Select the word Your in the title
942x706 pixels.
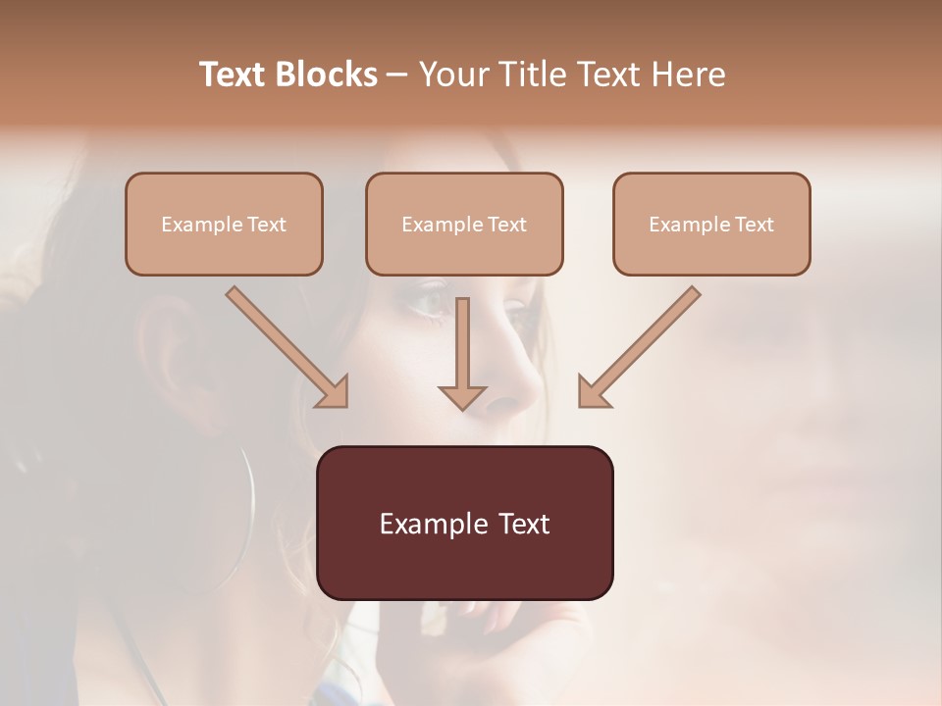[449, 75]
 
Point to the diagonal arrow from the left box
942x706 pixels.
[288, 346]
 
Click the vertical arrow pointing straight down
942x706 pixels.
[462, 353]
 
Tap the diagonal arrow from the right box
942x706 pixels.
[639, 346]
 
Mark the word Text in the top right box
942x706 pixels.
[754, 225]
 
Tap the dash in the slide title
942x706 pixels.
[397, 75]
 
